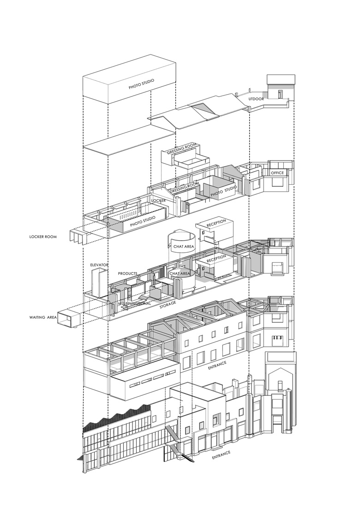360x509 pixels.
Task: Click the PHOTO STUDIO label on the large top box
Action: pyautogui.click(x=141, y=84)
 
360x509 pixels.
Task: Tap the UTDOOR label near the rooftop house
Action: pyautogui.click(x=256, y=99)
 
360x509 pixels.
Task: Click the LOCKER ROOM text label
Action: pyautogui.click(x=43, y=236)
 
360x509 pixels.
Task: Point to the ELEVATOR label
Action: pyautogui.click(x=99, y=265)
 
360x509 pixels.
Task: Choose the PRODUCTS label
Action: pyautogui.click(x=127, y=273)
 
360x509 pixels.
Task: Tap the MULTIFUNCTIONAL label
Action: pyautogui.click(x=135, y=303)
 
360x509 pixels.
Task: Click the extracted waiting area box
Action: pyautogui.click(x=69, y=317)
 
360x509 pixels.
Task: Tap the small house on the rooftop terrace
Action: pyautogui.click(x=281, y=87)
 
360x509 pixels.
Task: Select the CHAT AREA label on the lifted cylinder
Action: pyautogui.click(x=184, y=247)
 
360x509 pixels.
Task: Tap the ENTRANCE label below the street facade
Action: pyautogui.click(x=222, y=455)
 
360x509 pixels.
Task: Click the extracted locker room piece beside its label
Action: pyautogui.click(x=78, y=235)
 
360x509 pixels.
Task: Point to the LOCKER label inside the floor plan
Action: pyautogui.click(x=159, y=200)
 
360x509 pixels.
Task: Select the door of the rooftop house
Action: pyautogui.click(x=281, y=94)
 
